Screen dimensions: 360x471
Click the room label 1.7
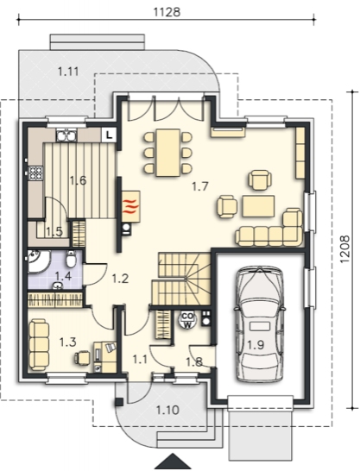click(x=200, y=186)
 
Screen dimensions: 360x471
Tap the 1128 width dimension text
click(x=167, y=12)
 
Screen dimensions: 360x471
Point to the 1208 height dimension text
click(x=344, y=249)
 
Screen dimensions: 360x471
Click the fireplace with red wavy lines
click(x=131, y=206)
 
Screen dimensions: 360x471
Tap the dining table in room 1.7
click(x=168, y=153)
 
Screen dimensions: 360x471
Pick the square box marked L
click(x=110, y=135)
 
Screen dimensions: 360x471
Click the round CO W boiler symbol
click(x=187, y=320)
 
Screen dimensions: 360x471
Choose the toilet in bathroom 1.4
click(x=71, y=259)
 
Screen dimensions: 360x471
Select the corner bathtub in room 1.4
click(x=38, y=261)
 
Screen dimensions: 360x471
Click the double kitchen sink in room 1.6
click(x=66, y=135)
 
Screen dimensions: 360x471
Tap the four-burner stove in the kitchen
click(x=35, y=173)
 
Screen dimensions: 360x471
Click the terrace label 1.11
click(x=68, y=72)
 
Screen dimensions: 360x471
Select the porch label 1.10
click(x=167, y=410)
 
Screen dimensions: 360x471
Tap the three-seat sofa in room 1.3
click(x=39, y=344)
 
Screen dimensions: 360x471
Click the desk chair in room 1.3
click(x=82, y=358)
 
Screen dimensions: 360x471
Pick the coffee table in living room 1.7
click(x=258, y=206)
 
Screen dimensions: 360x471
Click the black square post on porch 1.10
click(x=119, y=402)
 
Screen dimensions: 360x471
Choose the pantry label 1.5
click(x=54, y=231)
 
